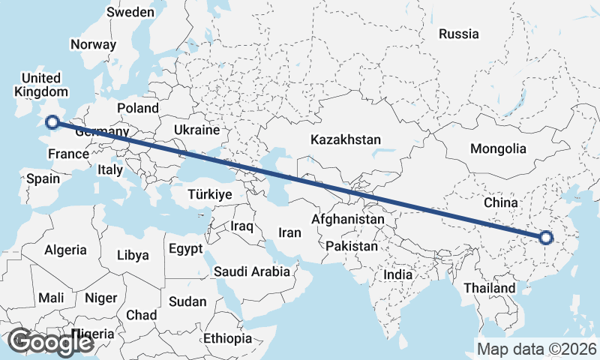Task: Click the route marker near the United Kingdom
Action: point(52,122)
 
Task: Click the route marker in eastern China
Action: point(545,238)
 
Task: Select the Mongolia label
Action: point(498,148)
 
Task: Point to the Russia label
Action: point(458,34)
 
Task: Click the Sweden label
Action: point(130,12)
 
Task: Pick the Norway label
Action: point(94,44)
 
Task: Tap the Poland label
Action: point(137,108)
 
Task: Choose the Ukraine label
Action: point(196,130)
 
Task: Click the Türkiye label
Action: point(210,194)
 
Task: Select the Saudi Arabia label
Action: point(251,271)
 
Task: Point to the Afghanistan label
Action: point(347,220)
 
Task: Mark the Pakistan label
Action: point(352,246)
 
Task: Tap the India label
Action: point(398,275)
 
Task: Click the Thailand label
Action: point(490,288)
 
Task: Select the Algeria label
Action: point(65,250)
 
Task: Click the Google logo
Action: point(50,342)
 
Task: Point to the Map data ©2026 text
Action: point(536,349)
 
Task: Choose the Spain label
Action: point(43,179)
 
